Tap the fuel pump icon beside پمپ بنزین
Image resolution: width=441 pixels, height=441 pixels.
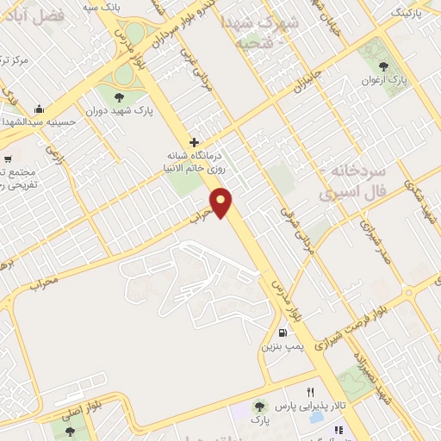(x=282, y=332)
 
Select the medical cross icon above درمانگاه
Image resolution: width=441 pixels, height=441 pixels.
(x=195, y=142)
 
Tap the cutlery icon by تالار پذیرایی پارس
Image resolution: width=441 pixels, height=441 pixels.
(x=339, y=429)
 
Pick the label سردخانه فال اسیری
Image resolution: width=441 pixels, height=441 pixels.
(x=351, y=183)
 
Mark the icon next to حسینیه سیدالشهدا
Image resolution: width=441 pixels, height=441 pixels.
(x=38, y=109)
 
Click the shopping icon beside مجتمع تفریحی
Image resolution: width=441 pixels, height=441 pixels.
(x=8, y=158)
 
